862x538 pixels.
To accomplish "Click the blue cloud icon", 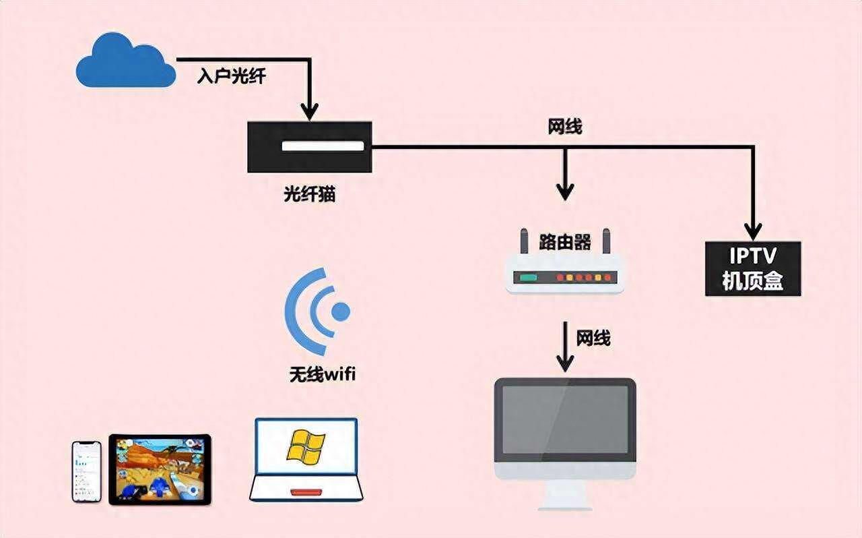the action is pos(126,61).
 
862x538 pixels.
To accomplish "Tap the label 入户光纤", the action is pos(231,76).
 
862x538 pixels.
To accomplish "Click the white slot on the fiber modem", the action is pos(323,146).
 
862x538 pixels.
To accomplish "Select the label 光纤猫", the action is pos(309,193).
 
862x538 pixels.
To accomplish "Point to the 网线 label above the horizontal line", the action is pos(565,127).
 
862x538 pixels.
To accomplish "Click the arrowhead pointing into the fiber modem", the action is pos(310,112).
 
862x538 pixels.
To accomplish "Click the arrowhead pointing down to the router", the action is pos(565,192).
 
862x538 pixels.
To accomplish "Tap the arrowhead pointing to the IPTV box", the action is pos(753,232).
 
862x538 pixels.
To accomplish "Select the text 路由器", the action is pos(565,243).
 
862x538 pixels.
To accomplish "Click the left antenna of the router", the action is pos(524,241).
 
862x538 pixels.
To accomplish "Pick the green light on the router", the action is pos(529,278).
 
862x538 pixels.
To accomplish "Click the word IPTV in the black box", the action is pos(753,256).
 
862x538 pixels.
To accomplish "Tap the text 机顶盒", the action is pos(753,280).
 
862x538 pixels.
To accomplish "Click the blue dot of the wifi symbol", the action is pos(341,311).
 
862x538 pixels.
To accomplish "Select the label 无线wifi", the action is pos(323,374).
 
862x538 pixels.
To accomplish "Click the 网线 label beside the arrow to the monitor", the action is pos(593,338).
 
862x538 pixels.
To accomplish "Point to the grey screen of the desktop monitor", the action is pos(565,420).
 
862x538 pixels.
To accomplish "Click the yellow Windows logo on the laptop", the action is pos(306,447).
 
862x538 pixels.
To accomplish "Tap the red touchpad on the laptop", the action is pos(306,493).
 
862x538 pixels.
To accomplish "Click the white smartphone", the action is pos(87,472).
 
